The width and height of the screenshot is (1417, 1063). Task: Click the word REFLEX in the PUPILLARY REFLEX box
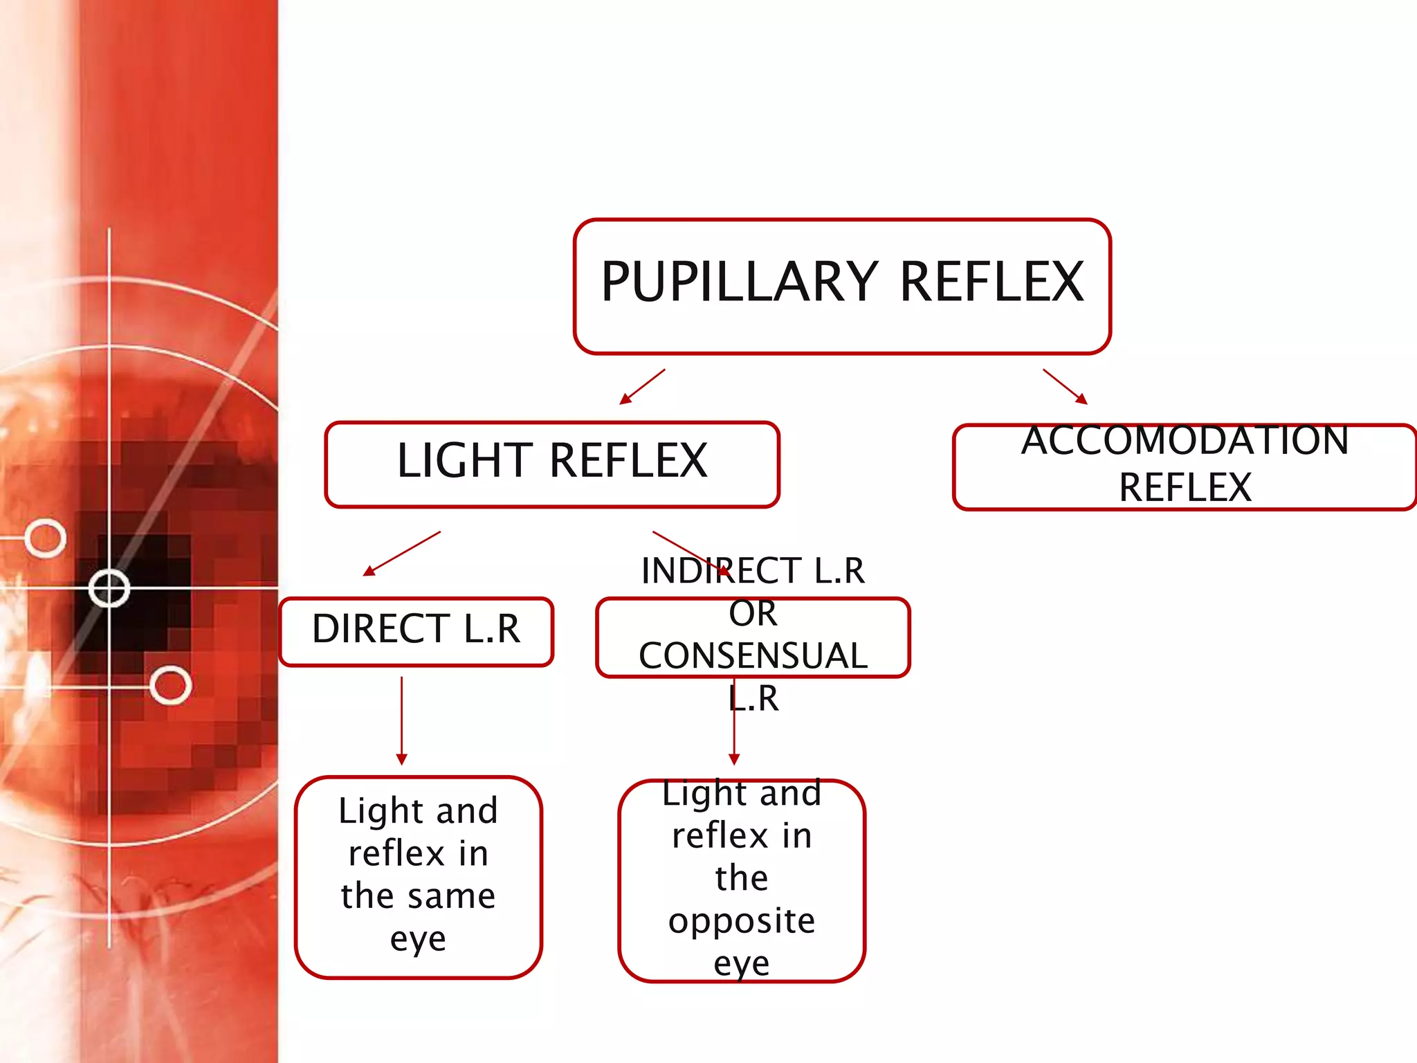click(x=991, y=282)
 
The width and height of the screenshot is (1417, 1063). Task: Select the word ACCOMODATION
click(x=1185, y=440)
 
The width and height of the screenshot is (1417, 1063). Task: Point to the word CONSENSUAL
click(x=753, y=656)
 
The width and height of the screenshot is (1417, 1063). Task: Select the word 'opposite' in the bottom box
click(x=742, y=921)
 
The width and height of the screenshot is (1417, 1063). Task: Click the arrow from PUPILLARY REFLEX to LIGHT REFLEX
click(x=642, y=387)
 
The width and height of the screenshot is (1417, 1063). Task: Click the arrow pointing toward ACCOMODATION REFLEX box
click(x=1066, y=387)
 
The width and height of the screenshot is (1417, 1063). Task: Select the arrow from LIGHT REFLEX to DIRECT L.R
click(x=402, y=554)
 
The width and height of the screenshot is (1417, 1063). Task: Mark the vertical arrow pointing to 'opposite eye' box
click(x=734, y=734)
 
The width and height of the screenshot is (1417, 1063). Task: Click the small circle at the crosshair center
click(x=109, y=589)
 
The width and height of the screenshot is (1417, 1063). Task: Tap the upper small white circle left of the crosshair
click(x=46, y=538)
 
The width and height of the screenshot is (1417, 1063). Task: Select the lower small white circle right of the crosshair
click(x=170, y=685)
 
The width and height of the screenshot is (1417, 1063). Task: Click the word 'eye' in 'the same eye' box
click(x=417, y=940)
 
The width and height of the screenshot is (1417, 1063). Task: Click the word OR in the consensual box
click(x=753, y=614)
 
